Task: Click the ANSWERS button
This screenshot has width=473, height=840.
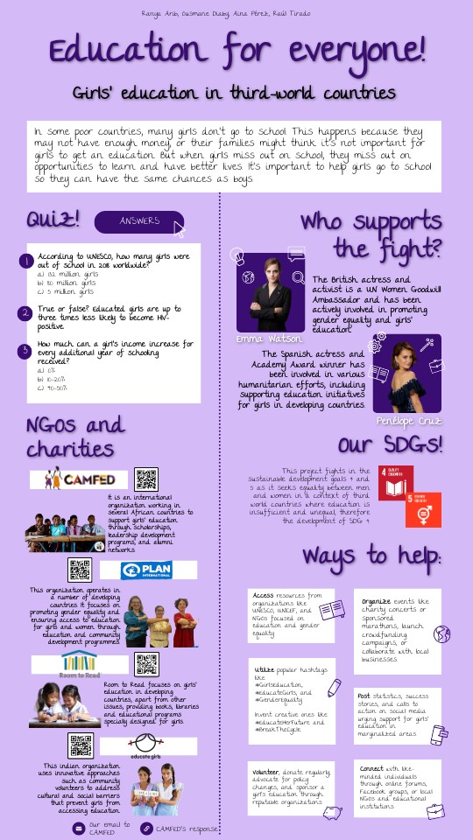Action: tap(139, 221)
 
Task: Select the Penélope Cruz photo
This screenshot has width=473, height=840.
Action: tap(407, 374)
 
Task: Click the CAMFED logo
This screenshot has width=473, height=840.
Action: tap(80, 479)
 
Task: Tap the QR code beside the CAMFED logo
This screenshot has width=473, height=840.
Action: tap(146, 479)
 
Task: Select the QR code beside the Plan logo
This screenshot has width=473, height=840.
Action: tap(80, 570)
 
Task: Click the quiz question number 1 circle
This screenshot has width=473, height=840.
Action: tap(26, 261)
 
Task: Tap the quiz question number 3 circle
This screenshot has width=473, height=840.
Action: tap(26, 350)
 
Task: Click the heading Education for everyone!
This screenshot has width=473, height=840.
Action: tap(236, 52)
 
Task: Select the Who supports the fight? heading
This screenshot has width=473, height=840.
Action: tap(372, 235)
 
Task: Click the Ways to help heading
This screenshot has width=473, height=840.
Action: tap(372, 557)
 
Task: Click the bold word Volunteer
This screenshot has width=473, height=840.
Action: tap(265, 773)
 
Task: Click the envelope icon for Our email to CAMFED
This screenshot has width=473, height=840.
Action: tap(78, 828)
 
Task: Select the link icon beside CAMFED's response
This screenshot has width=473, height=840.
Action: tap(146, 828)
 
